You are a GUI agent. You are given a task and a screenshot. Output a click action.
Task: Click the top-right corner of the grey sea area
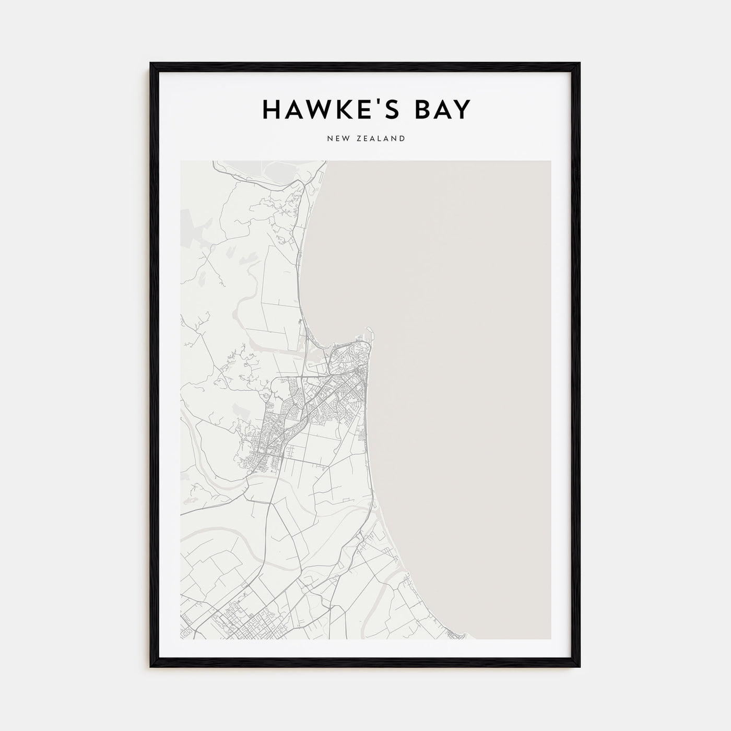(549, 162)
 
